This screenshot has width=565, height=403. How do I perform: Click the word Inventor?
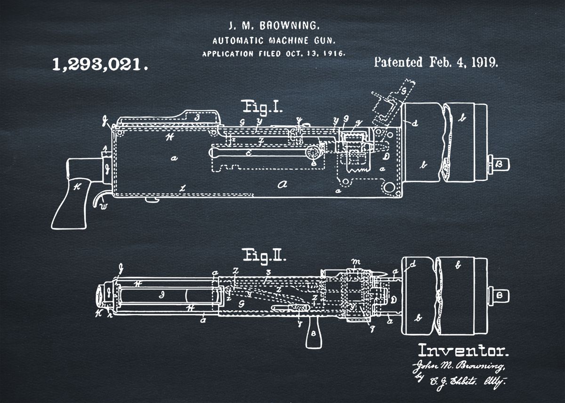(463, 350)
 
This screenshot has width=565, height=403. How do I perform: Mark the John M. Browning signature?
(458, 366)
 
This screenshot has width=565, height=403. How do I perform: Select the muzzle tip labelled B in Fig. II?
(500, 295)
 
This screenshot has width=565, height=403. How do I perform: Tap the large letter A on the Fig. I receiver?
(282, 184)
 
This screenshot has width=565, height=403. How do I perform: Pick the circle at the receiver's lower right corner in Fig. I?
(389, 187)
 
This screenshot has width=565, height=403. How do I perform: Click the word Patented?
(398, 63)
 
